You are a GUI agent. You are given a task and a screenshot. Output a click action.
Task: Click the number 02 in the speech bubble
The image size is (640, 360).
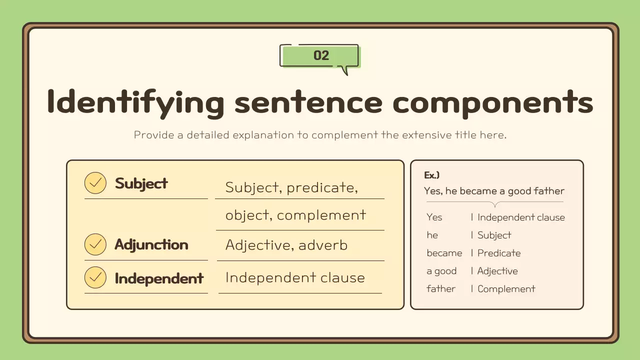(x=321, y=55)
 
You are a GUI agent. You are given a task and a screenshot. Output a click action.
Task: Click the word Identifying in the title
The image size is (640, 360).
(x=135, y=102)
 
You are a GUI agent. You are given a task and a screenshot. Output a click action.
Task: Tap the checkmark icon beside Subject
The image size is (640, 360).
(x=95, y=183)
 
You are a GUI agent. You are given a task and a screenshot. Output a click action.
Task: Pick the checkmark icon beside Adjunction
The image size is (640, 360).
(x=95, y=245)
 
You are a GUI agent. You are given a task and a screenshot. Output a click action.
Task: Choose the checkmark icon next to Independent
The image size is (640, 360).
(x=95, y=278)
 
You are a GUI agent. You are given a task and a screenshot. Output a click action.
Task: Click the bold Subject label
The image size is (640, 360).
(x=141, y=183)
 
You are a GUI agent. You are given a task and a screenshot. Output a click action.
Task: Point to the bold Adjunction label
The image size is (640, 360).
(x=151, y=245)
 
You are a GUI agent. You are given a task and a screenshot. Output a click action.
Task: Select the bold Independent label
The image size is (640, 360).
(x=159, y=278)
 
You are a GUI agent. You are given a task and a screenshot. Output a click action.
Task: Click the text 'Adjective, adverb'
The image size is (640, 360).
(x=286, y=245)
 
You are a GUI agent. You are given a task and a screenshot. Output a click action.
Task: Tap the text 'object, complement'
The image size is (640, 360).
(x=295, y=215)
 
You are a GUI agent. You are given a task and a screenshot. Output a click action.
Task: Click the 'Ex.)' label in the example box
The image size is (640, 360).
(x=431, y=175)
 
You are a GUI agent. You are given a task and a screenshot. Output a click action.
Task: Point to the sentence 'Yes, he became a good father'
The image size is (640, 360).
(x=494, y=191)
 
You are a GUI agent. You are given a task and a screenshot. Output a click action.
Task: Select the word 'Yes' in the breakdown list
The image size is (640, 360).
(x=434, y=217)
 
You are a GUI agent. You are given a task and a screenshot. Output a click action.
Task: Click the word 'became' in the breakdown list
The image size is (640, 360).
(x=444, y=253)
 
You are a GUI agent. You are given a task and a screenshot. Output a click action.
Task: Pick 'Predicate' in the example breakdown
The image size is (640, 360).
(x=499, y=253)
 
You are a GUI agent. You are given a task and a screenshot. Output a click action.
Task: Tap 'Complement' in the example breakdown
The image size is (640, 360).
(x=506, y=289)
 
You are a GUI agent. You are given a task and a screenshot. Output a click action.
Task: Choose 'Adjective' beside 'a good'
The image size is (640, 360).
(x=497, y=271)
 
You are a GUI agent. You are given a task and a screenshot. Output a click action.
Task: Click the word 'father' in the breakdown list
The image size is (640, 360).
(x=441, y=289)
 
